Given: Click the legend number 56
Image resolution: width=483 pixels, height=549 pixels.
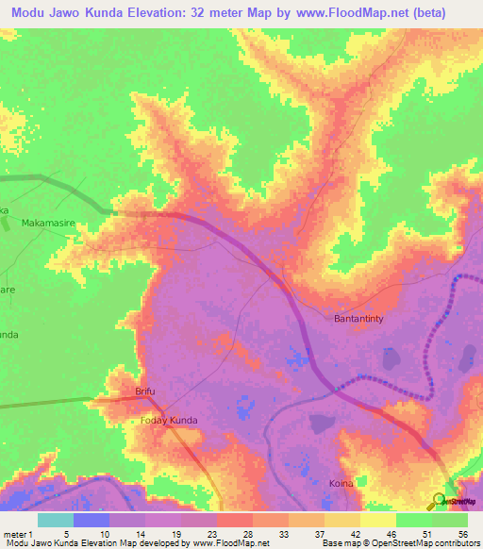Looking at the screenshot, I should pos(461,534).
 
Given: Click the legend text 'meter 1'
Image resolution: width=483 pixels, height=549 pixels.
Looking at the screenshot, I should pos(18,534).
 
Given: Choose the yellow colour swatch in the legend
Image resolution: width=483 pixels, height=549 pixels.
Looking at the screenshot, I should pos(377,520).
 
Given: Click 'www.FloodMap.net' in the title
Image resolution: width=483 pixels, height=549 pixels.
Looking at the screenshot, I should pos(345,13).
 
